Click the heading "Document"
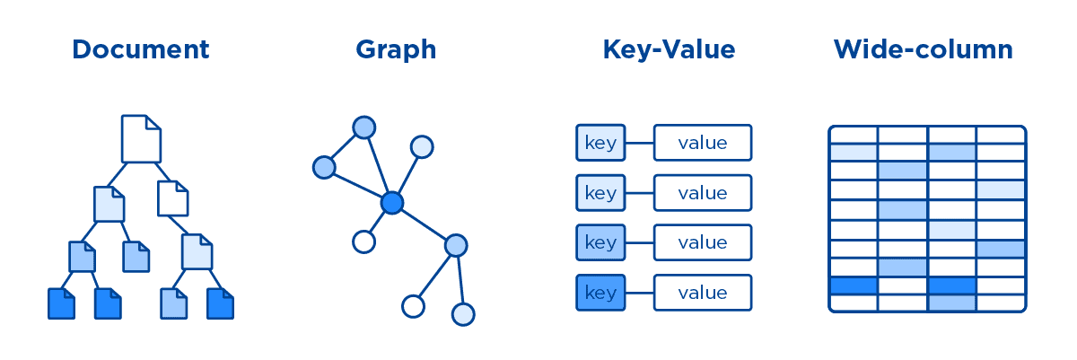pyautogui.click(x=141, y=49)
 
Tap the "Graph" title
pyautogui.click(x=396, y=49)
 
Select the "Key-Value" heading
pyautogui.click(x=669, y=49)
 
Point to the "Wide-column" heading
pyautogui.click(x=924, y=49)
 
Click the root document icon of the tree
pyautogui.click(x=141, y=138)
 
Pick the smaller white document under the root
pyautogui.click(x=173, y=198)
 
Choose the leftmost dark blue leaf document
pyautogui.click(x=60, y=303)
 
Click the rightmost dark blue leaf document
pyautogui.click(x=220, y=303)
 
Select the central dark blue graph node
pyautogui.click(x=391, y=203)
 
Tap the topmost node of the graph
pyautogui.click(x=363, y=127)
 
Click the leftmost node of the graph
pyautogui.click(x=324, y=166)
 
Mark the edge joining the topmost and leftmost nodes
pyautogui.click(x=344, y=147)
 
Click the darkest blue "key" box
pyautogui.click(x=600, y=293)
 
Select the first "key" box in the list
pyautogui.click(x=600, y=143)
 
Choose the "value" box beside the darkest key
pyautogui.click(x=702, y=293)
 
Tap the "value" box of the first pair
pyautogui.click(x=702, y=143)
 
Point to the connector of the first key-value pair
pyautogui.click(x=639, y=143)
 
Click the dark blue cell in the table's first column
pyautogui.click(x=853, y=285)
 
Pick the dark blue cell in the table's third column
pyautogui.click(x=951, y=285)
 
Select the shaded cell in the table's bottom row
pyautogui.click(x=951, y=303)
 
